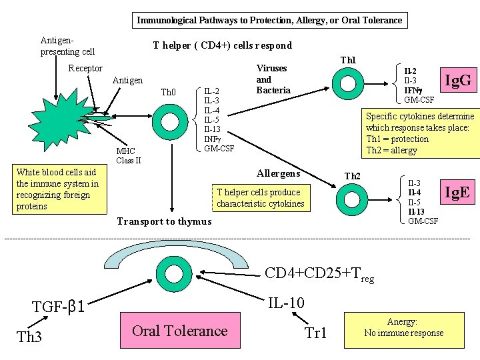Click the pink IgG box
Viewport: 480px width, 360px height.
click(458, 81)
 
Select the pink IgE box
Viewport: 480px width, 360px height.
click(457, 193)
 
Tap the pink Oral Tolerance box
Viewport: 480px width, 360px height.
click(179, 331)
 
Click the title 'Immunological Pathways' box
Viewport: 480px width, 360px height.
click(269, 20)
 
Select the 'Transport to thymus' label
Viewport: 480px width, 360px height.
click(164, 221)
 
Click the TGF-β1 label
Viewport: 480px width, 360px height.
click(59, 307)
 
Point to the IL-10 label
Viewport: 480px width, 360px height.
click(286, 303)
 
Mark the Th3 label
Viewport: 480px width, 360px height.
click(29, 337)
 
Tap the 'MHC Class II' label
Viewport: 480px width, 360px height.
click(128, 155)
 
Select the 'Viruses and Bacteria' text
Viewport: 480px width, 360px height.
click(273, 79)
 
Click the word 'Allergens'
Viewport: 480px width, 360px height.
click(278, 173)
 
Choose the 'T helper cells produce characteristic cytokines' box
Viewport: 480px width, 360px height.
click(260, 198)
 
